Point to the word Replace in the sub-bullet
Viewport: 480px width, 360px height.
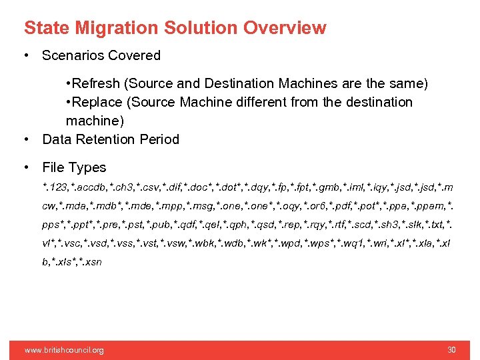[98, 102]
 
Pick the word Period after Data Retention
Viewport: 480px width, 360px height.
[157, 139]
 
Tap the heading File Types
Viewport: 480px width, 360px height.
[74, 167]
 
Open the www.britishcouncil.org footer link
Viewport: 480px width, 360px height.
[64, 350]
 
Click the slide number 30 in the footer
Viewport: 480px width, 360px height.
[451, 350]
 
